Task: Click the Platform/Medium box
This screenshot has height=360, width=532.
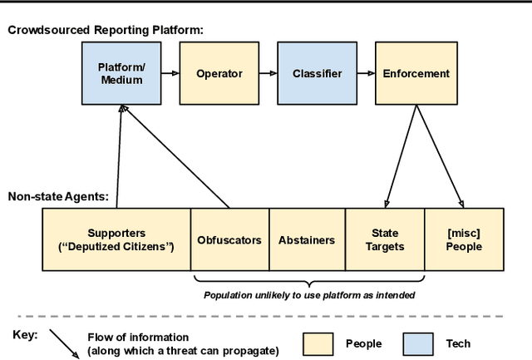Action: click(x=120, y=74)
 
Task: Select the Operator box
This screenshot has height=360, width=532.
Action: click(x=219, y=74)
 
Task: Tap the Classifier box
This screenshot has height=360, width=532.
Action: click(x=317, y=74)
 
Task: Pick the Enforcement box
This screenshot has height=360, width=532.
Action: click(x=416, y=74)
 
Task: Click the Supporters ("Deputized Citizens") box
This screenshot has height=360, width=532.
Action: click(x=116, y=240)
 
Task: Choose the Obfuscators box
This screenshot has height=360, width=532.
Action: click(x=229, y=240)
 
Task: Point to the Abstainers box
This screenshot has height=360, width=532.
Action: click(x=306, y=240)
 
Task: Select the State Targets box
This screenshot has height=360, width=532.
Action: click(x=385, y=240)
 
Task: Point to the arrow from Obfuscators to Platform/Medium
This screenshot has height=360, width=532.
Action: click(x=175, y=157)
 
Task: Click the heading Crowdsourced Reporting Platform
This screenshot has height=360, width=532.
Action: click(x=106, y=30)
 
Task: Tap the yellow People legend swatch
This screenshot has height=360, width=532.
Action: click(x=317, y=343)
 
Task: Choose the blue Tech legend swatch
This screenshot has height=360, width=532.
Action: click(x=419, y=343)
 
